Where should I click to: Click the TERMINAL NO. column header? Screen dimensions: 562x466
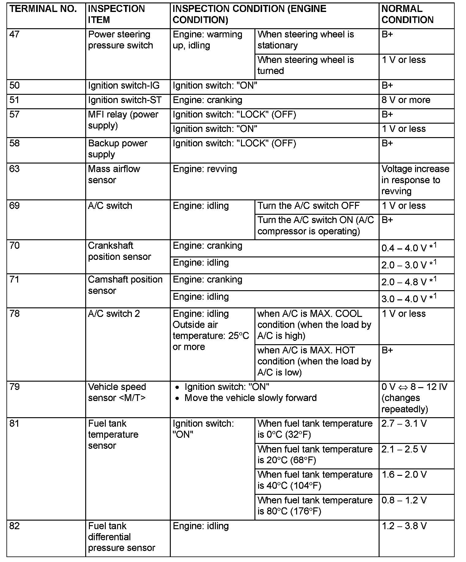(x=43, y=9)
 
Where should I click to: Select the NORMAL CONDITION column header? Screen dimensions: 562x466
(x=407, y=14)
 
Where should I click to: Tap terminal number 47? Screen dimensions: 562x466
(x=14, y=34)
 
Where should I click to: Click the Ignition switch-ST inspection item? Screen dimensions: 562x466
(x=125, y=100)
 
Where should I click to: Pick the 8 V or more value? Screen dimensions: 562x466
(x=406, y=100)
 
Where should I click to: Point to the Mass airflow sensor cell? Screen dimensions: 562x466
(x=114, y=174)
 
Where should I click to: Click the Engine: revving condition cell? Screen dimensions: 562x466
(x=205, y=169)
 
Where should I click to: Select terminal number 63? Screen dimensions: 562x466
(x=14, y=169)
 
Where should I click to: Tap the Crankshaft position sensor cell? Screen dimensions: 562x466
(x=119, y=251)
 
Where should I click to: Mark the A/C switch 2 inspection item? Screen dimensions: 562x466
(x=114, y=314)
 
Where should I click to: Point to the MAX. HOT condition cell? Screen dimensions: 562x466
(x=314, y=361)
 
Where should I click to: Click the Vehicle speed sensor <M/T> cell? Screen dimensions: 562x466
(x=117, y=392)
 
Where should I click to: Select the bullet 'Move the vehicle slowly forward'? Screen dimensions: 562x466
(x=250, y=398)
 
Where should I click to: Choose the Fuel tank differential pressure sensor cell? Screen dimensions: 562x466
(x=121, y=537)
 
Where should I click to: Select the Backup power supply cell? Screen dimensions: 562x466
(x=117, y=149)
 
